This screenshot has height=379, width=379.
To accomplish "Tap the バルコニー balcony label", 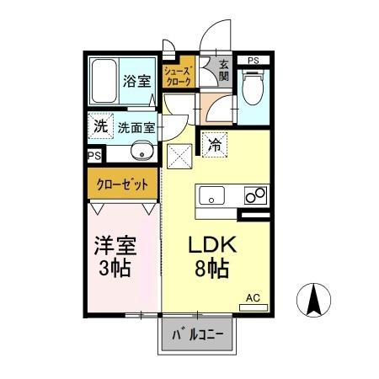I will coord(199,334).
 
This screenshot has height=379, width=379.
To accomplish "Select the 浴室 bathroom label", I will coord(136,82).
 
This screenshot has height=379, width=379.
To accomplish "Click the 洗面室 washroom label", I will coord(136,129).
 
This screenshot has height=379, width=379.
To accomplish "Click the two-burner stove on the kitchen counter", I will coord(254,195).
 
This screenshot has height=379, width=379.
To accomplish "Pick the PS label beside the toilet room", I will coord(253,60).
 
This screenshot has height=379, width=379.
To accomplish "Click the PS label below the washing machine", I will coord(94,157).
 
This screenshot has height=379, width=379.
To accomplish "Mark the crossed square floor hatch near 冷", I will coord(179,155).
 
